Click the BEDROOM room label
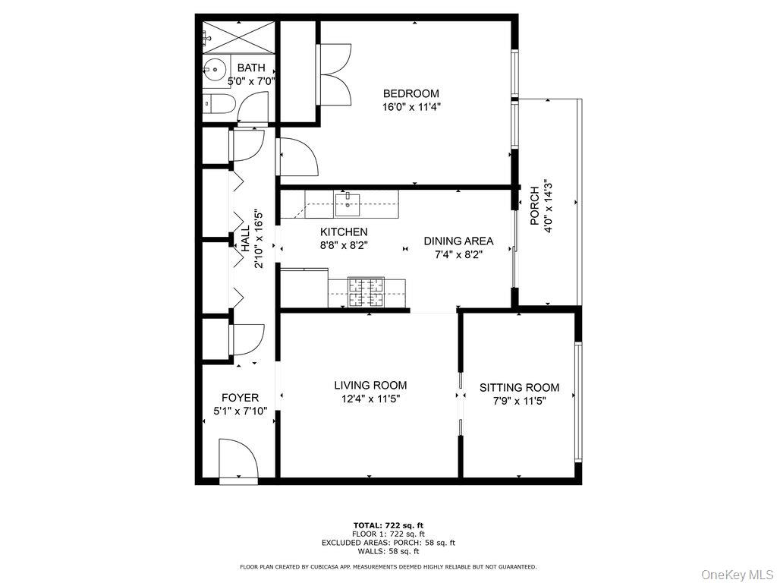411,93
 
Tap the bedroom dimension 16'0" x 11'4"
411,107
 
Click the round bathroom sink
215,70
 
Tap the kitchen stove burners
366,291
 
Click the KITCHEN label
344,232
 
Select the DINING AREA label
458,241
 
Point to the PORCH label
534,205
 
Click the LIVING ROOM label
370,385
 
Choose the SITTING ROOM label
519,387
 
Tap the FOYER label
240,397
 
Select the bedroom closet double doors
335,73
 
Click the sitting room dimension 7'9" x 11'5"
519,401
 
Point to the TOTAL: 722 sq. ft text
388,525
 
